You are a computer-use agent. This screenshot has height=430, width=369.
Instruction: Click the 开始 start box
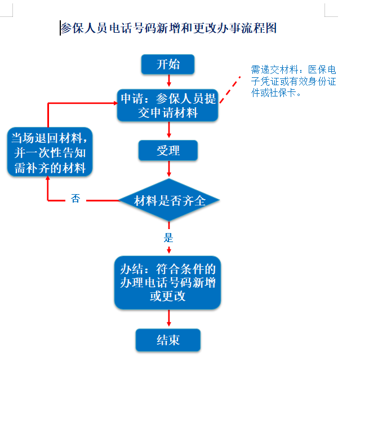[168, 64]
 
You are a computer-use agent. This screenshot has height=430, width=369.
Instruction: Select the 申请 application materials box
[167, 105]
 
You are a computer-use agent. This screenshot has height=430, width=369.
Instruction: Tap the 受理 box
[168, 150]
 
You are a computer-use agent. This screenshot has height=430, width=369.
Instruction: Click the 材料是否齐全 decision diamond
[169, 200]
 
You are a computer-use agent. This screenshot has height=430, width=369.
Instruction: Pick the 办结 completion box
[167, 283]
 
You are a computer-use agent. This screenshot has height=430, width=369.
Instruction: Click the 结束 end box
[168, 340]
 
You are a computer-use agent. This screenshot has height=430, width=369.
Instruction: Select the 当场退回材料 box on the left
[50, 152]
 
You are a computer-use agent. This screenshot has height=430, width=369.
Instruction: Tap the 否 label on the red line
[75, 198]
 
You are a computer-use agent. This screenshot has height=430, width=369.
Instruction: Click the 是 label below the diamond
[168, 238]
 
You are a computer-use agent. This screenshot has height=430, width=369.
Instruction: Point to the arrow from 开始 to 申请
[169, 80]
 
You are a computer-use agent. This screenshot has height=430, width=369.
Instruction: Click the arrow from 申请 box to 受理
[169, 129]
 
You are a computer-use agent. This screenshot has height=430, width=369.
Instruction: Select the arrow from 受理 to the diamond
[169, 169]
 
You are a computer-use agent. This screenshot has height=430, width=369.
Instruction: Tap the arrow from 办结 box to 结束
[169, 318]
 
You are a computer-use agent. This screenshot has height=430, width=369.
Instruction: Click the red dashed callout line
[230, 90]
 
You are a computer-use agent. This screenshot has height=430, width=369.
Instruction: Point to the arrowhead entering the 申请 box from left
[115, 103]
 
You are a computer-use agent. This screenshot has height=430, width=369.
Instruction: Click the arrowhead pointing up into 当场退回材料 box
[48, 178]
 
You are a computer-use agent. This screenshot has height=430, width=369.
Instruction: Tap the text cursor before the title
[60, 28]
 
